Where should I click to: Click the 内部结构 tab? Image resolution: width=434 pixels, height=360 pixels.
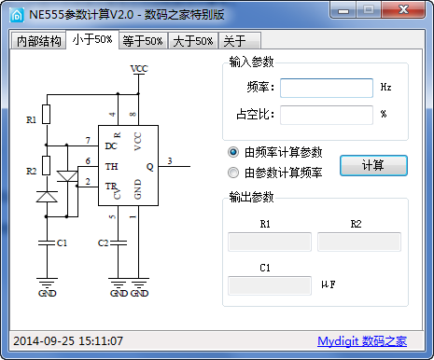pos(38,41)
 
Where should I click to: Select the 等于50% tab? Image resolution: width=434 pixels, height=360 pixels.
pos(143,41)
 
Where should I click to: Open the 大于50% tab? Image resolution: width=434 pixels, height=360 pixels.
pos(193,41)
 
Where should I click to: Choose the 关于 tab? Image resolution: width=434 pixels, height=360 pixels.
pos(233,41)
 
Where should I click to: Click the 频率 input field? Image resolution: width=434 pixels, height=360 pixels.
pos(326,88)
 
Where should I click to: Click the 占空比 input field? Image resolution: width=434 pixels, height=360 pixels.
pos(326,115)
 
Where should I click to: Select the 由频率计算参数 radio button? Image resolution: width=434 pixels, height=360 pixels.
pos(233,152)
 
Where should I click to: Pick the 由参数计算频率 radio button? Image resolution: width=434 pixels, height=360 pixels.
pos(233,173)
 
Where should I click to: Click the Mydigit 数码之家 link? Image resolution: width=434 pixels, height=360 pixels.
pos(361,341)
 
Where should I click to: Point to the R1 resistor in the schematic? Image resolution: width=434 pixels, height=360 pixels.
pos(47,116)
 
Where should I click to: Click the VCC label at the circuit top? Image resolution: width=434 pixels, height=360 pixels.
pos(139,70)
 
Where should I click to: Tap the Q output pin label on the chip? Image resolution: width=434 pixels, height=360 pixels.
pos(149,168)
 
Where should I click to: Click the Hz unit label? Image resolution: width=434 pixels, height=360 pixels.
pos(385,87)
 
